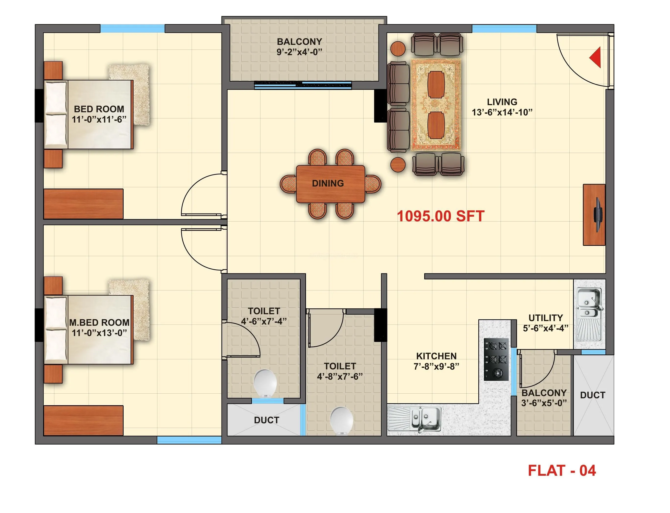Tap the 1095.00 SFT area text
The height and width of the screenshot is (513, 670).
point(440,216)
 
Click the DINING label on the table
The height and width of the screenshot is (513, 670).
point(328,183)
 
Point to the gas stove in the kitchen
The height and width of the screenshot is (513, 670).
point(496,359)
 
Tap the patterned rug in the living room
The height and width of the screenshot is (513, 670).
point(435,105)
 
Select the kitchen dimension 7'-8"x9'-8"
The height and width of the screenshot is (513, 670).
point(436,366)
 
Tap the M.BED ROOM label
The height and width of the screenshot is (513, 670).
point(99,323)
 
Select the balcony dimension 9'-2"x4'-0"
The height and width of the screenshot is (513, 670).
point(299,52)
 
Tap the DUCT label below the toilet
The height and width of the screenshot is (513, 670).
point(266,420)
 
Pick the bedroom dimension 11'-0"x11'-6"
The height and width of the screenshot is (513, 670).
point(99,119)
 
